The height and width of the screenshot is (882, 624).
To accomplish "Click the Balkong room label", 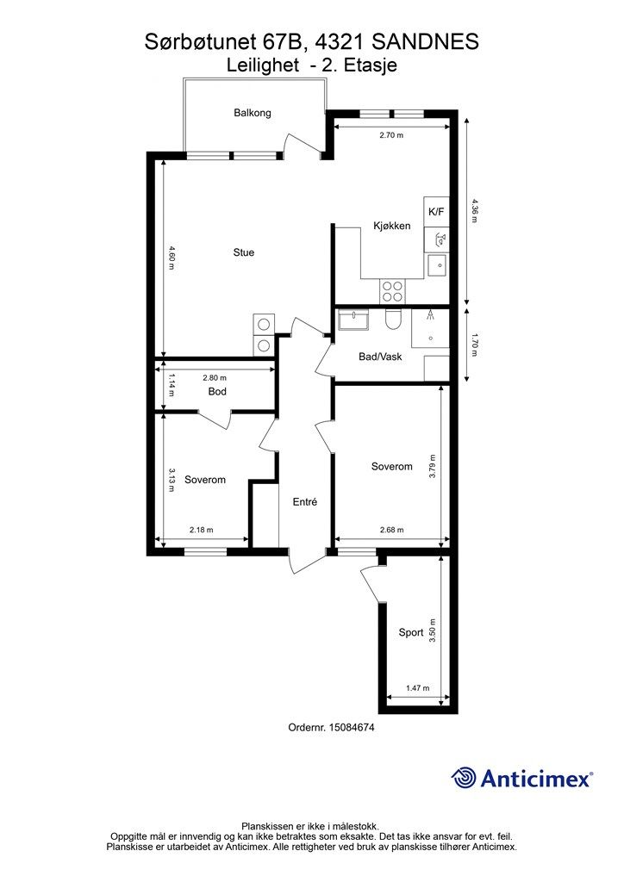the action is (x=252, y=113).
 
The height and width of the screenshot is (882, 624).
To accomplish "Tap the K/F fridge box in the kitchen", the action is (x=436, y=212).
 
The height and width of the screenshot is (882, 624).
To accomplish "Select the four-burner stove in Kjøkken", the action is (x=392, y=291).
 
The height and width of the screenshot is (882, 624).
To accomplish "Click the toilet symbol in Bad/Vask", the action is (x=392, y=320).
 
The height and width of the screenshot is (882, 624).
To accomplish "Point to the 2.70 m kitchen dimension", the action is (x=391, y=135).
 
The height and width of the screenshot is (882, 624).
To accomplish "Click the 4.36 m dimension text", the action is (x=475, y=210).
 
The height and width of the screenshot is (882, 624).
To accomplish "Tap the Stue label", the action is (x=244, y=252).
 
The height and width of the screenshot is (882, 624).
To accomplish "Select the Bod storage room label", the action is (x=217, y=391).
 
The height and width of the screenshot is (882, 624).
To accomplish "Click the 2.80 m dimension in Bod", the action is (x=215, y=378).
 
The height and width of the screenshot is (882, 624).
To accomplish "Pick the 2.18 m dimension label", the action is (x=202, y=530).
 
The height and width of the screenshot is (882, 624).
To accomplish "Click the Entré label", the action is (x=305, y=502).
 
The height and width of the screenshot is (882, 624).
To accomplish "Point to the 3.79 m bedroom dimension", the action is (x=432, y=466).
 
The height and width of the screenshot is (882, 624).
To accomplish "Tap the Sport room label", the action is (x=411, y=632).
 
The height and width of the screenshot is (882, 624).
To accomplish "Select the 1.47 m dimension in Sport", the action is (x=417, y=688).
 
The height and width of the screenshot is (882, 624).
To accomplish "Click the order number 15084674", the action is (x=351, y=727).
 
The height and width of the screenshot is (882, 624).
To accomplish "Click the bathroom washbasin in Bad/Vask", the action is (x=353, y=320).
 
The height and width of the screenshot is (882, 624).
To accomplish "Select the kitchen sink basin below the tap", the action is (x=437, y=264).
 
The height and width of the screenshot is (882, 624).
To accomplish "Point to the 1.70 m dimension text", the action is (x=475, y=345).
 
